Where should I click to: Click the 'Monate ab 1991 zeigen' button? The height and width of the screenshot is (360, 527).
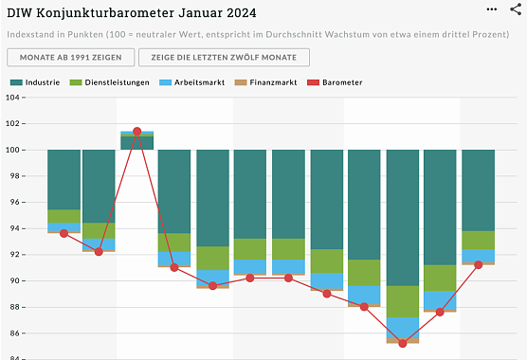(x=69, y=58)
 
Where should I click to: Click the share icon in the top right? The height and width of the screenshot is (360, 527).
(x=515, y=9)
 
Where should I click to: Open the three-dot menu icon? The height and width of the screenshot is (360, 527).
(x=491, y=8)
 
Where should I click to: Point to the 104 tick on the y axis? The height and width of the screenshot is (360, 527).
(x=14, y=97)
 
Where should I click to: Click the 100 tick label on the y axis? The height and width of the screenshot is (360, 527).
(x=14, y=150)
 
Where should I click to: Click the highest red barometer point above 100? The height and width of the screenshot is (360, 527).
(x=137, y=131)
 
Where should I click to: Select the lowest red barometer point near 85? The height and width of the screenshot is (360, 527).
(x=403, y=343)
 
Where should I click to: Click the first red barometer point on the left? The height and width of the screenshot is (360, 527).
(x=64, y=233)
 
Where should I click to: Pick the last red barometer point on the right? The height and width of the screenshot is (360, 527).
(x=479, y=264)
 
